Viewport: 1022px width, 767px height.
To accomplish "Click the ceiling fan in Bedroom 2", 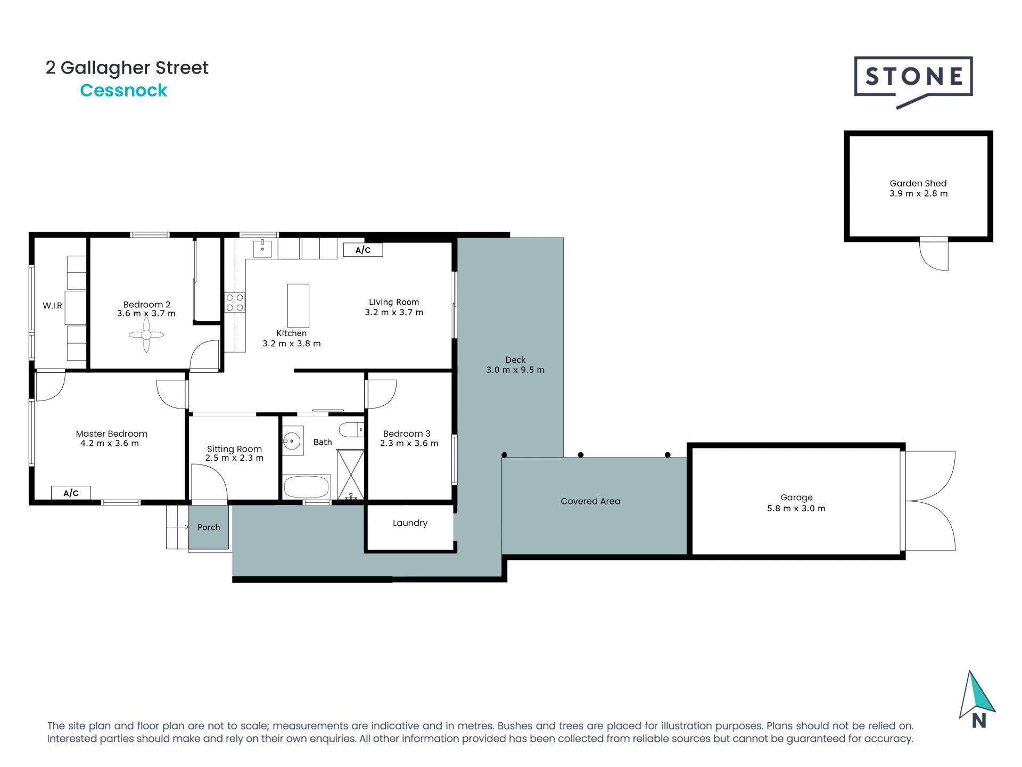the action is [146, 335].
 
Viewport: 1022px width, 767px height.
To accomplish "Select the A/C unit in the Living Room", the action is [363, 250].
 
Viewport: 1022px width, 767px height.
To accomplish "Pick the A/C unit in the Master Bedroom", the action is [71, 493].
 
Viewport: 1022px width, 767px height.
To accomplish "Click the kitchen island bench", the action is [298, 306].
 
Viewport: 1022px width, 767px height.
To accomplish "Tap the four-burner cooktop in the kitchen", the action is [235, 303].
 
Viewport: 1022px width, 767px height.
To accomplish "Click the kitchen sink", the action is [262, 248].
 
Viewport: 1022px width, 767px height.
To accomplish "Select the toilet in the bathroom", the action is [352, 429].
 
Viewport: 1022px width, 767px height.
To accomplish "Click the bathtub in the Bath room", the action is [307, 487].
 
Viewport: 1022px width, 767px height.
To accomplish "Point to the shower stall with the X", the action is [351, 475].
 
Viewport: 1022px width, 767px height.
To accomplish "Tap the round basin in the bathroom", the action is [292, 441].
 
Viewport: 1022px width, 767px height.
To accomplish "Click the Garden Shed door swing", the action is [934, 255].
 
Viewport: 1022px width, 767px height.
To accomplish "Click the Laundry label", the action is [410, 523].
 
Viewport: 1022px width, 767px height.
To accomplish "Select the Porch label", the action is [209, 527].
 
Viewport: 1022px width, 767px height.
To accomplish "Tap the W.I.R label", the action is [52, 306].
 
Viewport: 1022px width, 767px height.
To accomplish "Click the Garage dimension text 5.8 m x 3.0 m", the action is [796, 509].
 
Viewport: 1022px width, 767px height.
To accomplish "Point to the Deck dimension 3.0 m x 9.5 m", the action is [515, 370].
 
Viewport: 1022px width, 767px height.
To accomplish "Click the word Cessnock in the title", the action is [123, 91].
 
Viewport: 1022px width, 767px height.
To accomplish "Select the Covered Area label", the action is [590, 501].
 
